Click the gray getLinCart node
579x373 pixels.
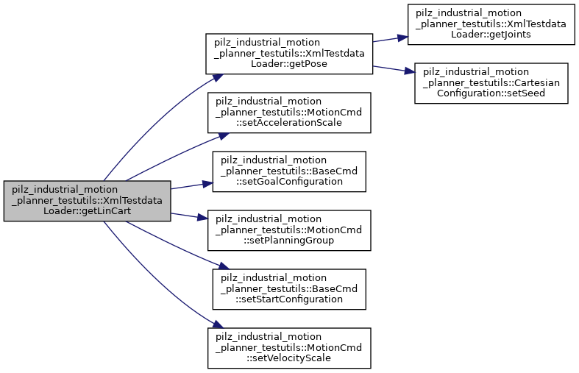point(87,201)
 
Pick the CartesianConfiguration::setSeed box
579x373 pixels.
point(491,82)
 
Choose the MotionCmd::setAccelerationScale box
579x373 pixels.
point(288,112)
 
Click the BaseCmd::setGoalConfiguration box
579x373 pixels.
point(288,171)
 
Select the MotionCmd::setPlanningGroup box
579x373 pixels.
point(288,230)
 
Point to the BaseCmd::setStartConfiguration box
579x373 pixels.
point(288,288)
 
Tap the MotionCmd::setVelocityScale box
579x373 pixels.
point(288,347)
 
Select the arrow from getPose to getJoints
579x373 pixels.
point(386,39)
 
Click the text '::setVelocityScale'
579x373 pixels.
point(288,358)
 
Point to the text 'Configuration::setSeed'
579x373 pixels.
point(491,93)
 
